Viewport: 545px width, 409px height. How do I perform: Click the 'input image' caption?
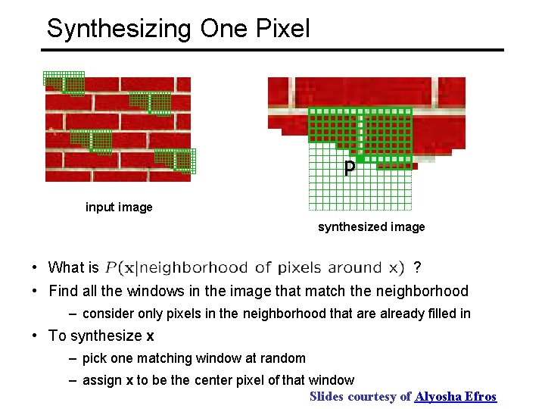click(119, 207)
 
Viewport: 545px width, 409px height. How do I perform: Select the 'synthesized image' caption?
click(371, 226)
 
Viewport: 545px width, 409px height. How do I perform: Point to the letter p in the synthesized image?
click(349, 168)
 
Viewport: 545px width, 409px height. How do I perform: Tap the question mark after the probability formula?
click(418, 267)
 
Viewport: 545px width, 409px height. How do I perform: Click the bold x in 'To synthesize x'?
click(150, 336)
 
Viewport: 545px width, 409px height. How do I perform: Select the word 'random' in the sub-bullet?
click(283, 358)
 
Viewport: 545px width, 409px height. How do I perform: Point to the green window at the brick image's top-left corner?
click(64, 83)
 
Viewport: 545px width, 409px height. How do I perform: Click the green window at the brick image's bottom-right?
click(175, 160)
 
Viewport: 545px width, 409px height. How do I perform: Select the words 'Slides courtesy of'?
click(360, 396)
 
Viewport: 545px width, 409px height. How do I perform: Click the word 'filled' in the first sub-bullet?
click(429, 314)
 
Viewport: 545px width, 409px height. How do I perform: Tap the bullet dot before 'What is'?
click(36, 267)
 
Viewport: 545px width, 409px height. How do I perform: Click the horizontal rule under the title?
click(272, 50)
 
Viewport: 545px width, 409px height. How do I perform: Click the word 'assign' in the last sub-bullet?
click(106, 380)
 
